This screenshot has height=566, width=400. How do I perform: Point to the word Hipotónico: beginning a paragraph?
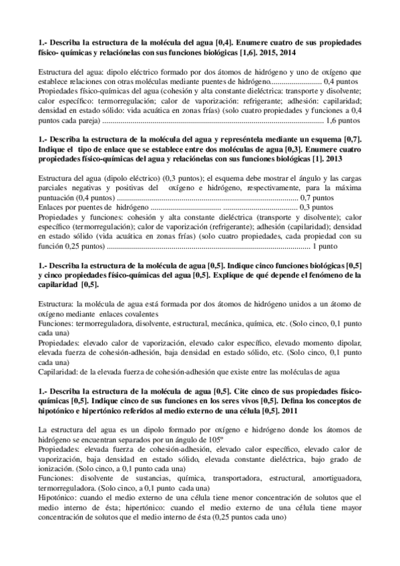63,497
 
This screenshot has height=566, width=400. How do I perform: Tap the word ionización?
59,468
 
